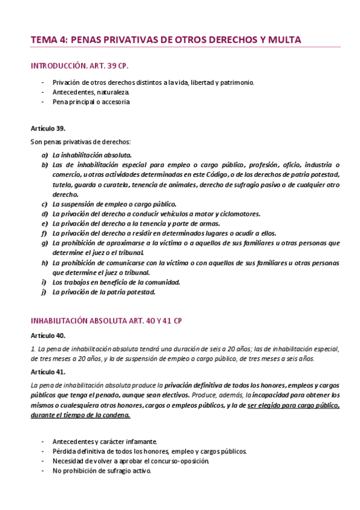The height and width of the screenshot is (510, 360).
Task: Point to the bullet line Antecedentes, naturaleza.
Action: coord(91,92)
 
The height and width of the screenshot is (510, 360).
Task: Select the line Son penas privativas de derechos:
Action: coord(80,142)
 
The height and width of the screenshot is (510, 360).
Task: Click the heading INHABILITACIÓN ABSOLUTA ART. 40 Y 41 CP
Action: coord(106,321)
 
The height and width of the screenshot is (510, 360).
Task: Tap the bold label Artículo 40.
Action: coord(47,335)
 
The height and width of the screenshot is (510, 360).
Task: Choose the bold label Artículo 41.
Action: coord(47,372)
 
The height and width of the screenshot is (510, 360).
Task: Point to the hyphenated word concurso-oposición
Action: coord(179,461)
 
